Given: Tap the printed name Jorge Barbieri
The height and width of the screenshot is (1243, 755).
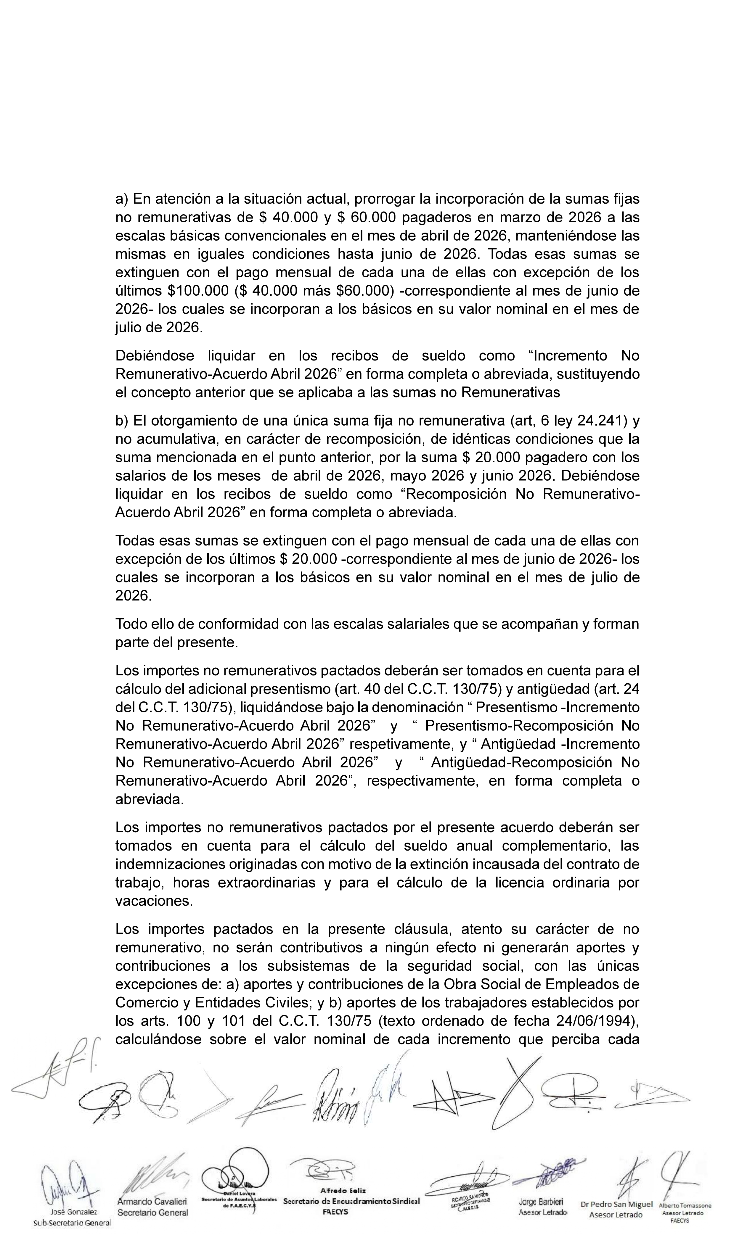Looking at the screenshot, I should pos(541,1202).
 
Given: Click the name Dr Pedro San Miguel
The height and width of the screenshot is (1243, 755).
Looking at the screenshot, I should pos(616,1205).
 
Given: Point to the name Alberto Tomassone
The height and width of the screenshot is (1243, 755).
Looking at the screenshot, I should pos(685,1206).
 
